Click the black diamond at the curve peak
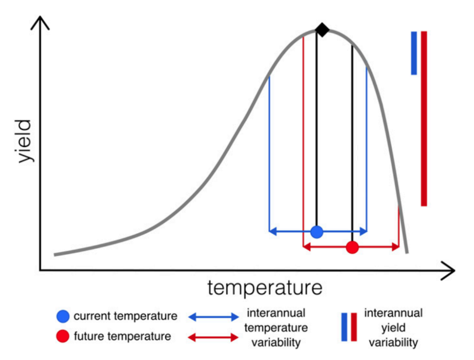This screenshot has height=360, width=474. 322,31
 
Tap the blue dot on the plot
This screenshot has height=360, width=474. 317,232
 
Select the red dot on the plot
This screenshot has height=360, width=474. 352,247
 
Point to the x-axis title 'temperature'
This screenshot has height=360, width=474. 264,288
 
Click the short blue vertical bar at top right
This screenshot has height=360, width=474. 414,53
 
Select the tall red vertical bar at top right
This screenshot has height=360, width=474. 424,119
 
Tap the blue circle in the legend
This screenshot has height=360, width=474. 63,316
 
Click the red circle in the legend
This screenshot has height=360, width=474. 63,336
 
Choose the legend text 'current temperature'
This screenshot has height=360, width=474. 125,316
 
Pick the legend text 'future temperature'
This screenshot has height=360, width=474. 122,336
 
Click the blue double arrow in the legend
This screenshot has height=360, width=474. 213,317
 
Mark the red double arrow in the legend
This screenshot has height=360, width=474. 213,337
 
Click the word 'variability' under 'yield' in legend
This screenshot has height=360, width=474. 393,343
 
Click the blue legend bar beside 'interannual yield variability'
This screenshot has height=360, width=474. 344,327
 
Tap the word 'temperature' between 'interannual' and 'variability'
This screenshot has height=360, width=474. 276,328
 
